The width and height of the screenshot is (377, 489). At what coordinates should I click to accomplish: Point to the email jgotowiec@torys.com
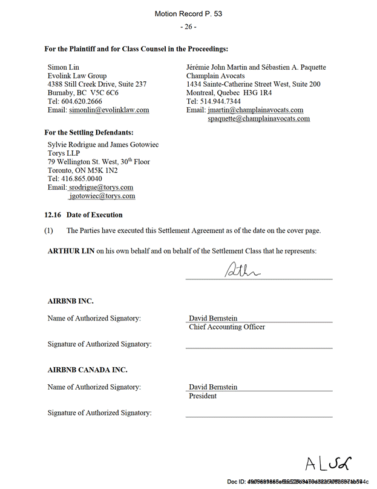[102, 196]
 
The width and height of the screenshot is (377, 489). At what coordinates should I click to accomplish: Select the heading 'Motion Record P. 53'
[188, 13]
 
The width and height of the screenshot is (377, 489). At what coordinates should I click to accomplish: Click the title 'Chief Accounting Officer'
[227, 327]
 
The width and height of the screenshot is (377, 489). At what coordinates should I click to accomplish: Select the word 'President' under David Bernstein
[203, 396]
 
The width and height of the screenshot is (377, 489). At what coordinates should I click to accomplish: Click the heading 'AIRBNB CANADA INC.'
[88, 370]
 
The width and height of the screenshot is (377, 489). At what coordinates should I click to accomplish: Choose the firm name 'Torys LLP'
[64, 154]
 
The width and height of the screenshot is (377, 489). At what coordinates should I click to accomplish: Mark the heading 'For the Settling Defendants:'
[89, 133]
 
